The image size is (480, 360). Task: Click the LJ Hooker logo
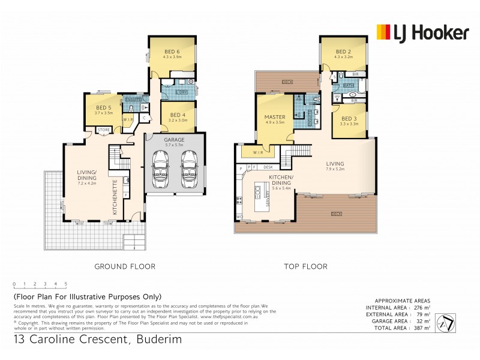pos(422,32)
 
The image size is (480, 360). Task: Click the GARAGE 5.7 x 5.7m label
pos(175,142)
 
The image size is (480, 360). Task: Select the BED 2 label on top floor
pos(343,52)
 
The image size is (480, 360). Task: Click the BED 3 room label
pos(348,119)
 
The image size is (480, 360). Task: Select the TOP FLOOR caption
pos(306,266)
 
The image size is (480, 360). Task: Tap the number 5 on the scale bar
pos(65,283)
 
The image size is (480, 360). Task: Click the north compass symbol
pos(445,323)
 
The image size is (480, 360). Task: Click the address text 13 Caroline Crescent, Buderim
pos(98,340)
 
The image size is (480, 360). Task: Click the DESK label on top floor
pos(269,167)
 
